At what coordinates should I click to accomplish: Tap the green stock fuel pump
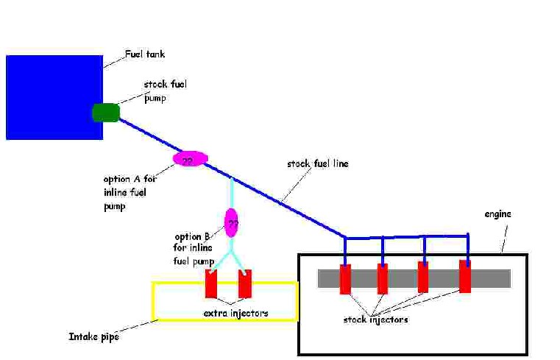click(x=106, y=113)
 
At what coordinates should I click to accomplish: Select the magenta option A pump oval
click(x=190, y=158)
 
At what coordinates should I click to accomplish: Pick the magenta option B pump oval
click(x=232, y=222)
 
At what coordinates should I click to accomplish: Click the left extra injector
click(x=212, y=283)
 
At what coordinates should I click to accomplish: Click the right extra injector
click(x=245, y=283)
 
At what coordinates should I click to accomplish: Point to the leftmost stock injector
click(x=345, y=279)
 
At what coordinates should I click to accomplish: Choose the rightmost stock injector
click(x=464, y=276)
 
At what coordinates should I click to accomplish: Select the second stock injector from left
click(x=383, y=279)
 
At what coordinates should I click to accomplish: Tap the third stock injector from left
click(x=423, y=277)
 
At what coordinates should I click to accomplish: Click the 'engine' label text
click(x=498, y=214)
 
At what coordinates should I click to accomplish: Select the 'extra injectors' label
click(x=235, y=314)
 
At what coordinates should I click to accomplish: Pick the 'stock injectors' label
click(x=375, y=320)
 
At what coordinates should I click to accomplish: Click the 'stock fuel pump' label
click(x=165, y=90)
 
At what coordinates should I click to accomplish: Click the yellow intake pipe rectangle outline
click(x=152, y=301)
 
